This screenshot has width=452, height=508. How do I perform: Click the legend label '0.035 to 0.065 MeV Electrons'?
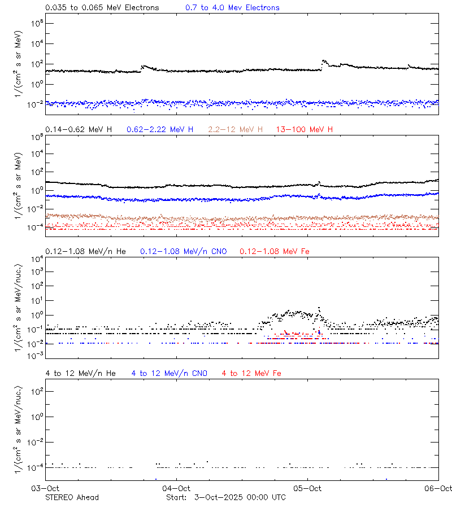tap(102, 8)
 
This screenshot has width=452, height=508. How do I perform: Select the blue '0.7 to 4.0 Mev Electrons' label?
tap(232, 8)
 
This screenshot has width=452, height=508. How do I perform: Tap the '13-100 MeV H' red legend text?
tap(304, 130)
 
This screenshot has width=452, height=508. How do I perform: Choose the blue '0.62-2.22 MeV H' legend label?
tap(160, 130)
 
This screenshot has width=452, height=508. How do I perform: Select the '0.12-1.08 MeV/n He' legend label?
tap(88, 251)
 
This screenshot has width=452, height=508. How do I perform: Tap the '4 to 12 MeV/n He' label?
tap(80, 373)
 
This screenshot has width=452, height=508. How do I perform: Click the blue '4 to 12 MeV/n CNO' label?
tap(169, 373)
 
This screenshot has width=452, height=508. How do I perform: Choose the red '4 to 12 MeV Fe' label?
tap(251, 373)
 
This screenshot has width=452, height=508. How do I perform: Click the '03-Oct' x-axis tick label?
tap(45, 488)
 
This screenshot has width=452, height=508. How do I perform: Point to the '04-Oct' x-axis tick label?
tap(176, 488)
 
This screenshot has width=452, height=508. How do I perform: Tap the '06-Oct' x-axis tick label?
tap(438, 488)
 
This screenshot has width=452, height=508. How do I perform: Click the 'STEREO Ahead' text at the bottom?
tap(72, 497)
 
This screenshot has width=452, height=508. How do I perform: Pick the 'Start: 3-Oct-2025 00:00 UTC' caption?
tap(225, 497)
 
